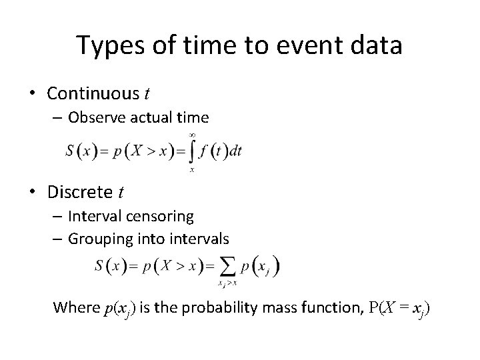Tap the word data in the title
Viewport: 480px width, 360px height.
tap(377, 46)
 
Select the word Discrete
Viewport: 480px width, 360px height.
tap(81, 192)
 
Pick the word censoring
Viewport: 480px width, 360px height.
tap(161, 216)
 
